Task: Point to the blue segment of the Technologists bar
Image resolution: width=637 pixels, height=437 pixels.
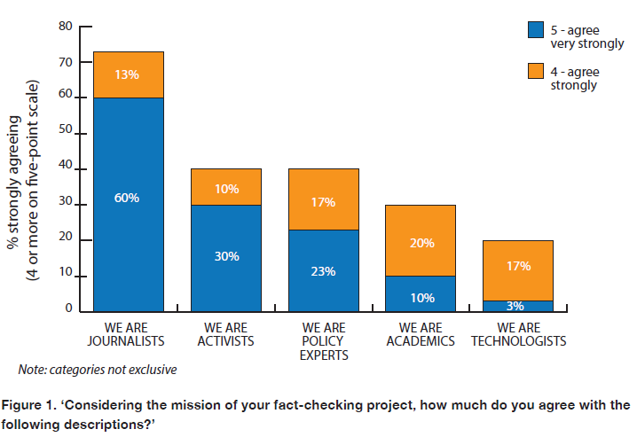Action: [518, 306]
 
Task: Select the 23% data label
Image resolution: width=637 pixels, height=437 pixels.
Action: [323, 271]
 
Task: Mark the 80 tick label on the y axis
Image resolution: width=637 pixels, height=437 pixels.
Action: [65, 27]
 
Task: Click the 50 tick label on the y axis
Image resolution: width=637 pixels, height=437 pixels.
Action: [65, 133]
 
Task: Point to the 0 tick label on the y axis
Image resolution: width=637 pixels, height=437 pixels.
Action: [67, 308]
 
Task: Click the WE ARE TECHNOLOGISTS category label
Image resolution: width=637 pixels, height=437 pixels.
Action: [518, 335]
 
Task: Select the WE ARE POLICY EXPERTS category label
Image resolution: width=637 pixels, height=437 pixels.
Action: [323, 341]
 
